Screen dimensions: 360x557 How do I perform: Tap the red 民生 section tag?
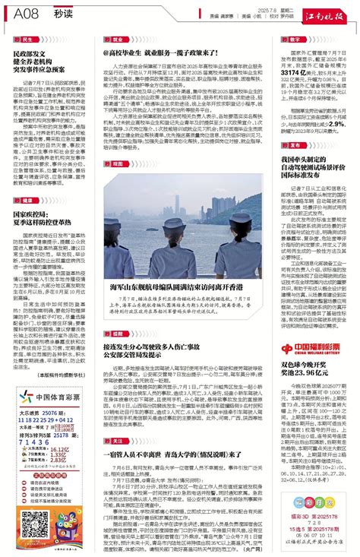[x=27, y=39]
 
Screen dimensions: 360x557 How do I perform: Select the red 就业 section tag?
[x=116, y=39]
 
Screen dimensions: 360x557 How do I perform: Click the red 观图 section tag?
[x=116, y=163]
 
